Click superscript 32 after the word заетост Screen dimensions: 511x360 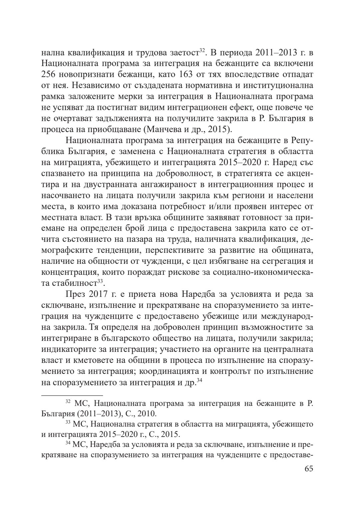coord(202,51)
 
